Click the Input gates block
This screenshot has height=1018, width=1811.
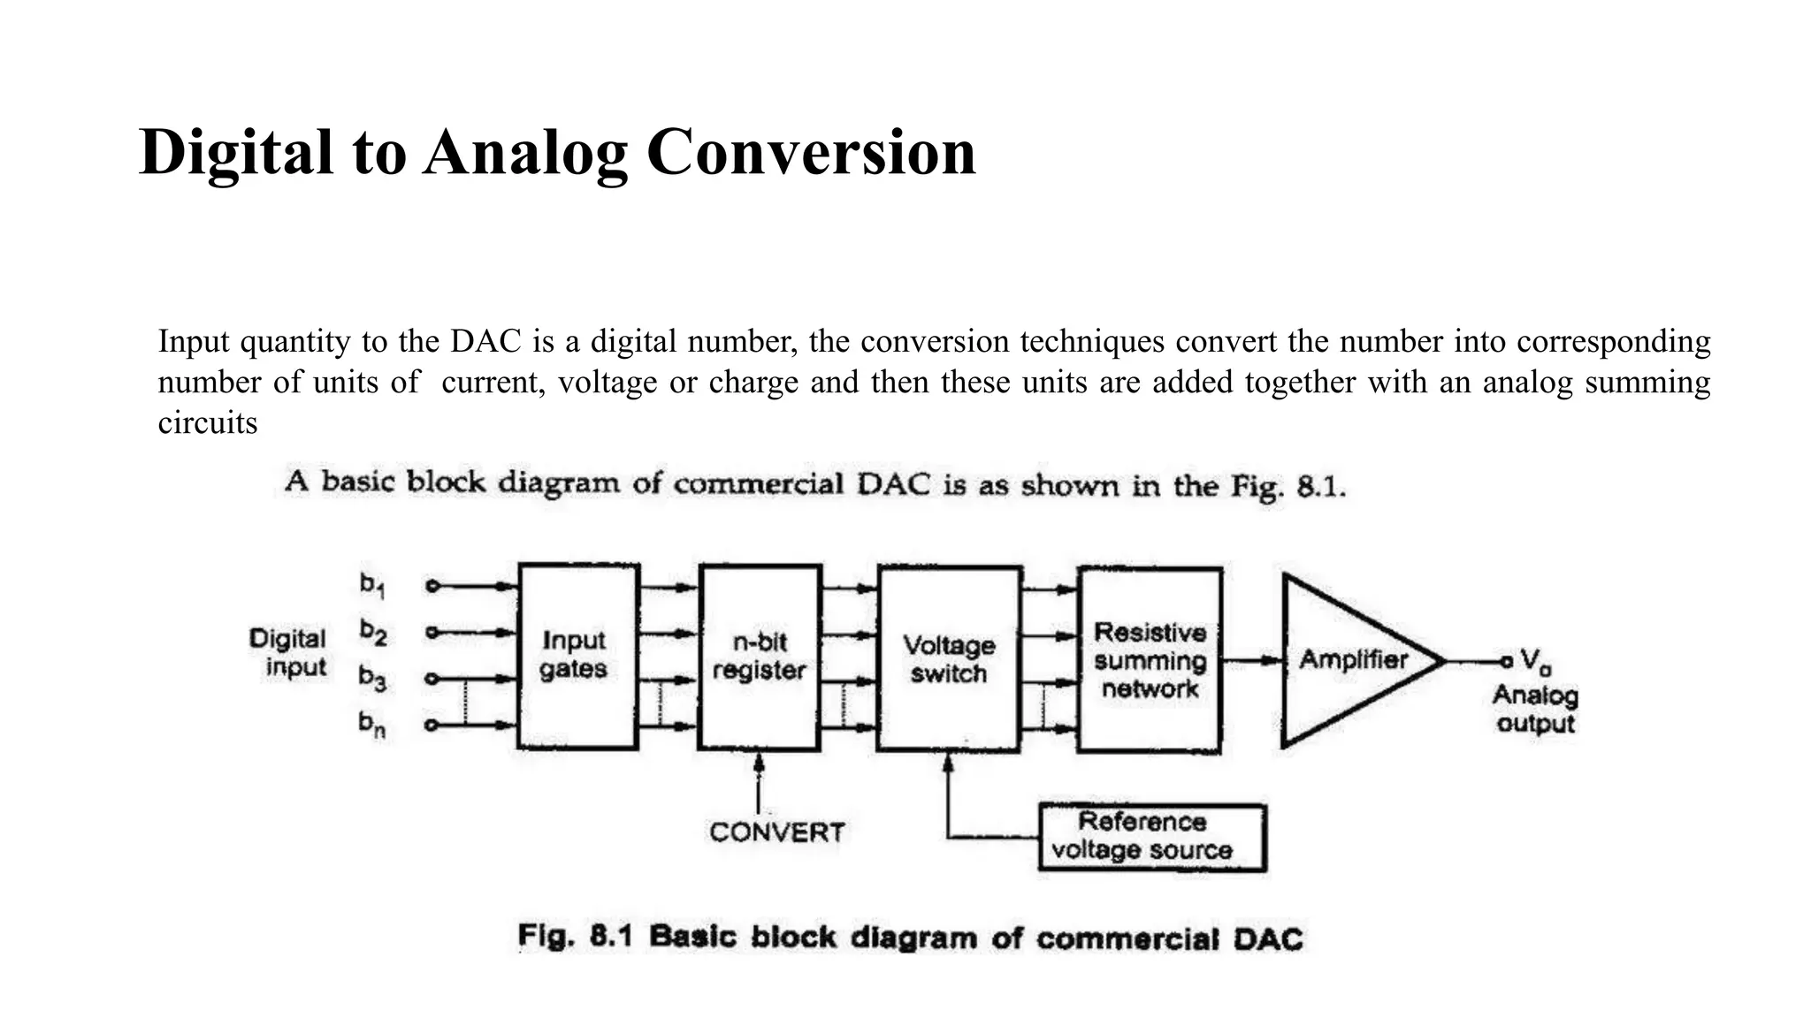[x=577, y=657]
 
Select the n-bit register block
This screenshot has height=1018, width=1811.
[x=760, y=657]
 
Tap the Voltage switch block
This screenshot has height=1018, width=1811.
[x=950, y=659]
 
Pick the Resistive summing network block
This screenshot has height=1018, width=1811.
[x=1150, y=660]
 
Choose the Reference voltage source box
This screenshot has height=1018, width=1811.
[x=1151, y=837]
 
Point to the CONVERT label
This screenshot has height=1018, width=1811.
[x=776, y=832]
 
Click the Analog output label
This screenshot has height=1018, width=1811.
[x=1535, y=710]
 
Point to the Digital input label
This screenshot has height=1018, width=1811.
[x=288, y=653]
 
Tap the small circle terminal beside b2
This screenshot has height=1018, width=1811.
[x=432, y=632]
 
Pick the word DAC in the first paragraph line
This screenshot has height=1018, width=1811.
[x=485, y=341]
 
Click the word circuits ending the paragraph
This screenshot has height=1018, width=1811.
[x=208, y=422]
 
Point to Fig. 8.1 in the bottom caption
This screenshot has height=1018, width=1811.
[x=575, y=937]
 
